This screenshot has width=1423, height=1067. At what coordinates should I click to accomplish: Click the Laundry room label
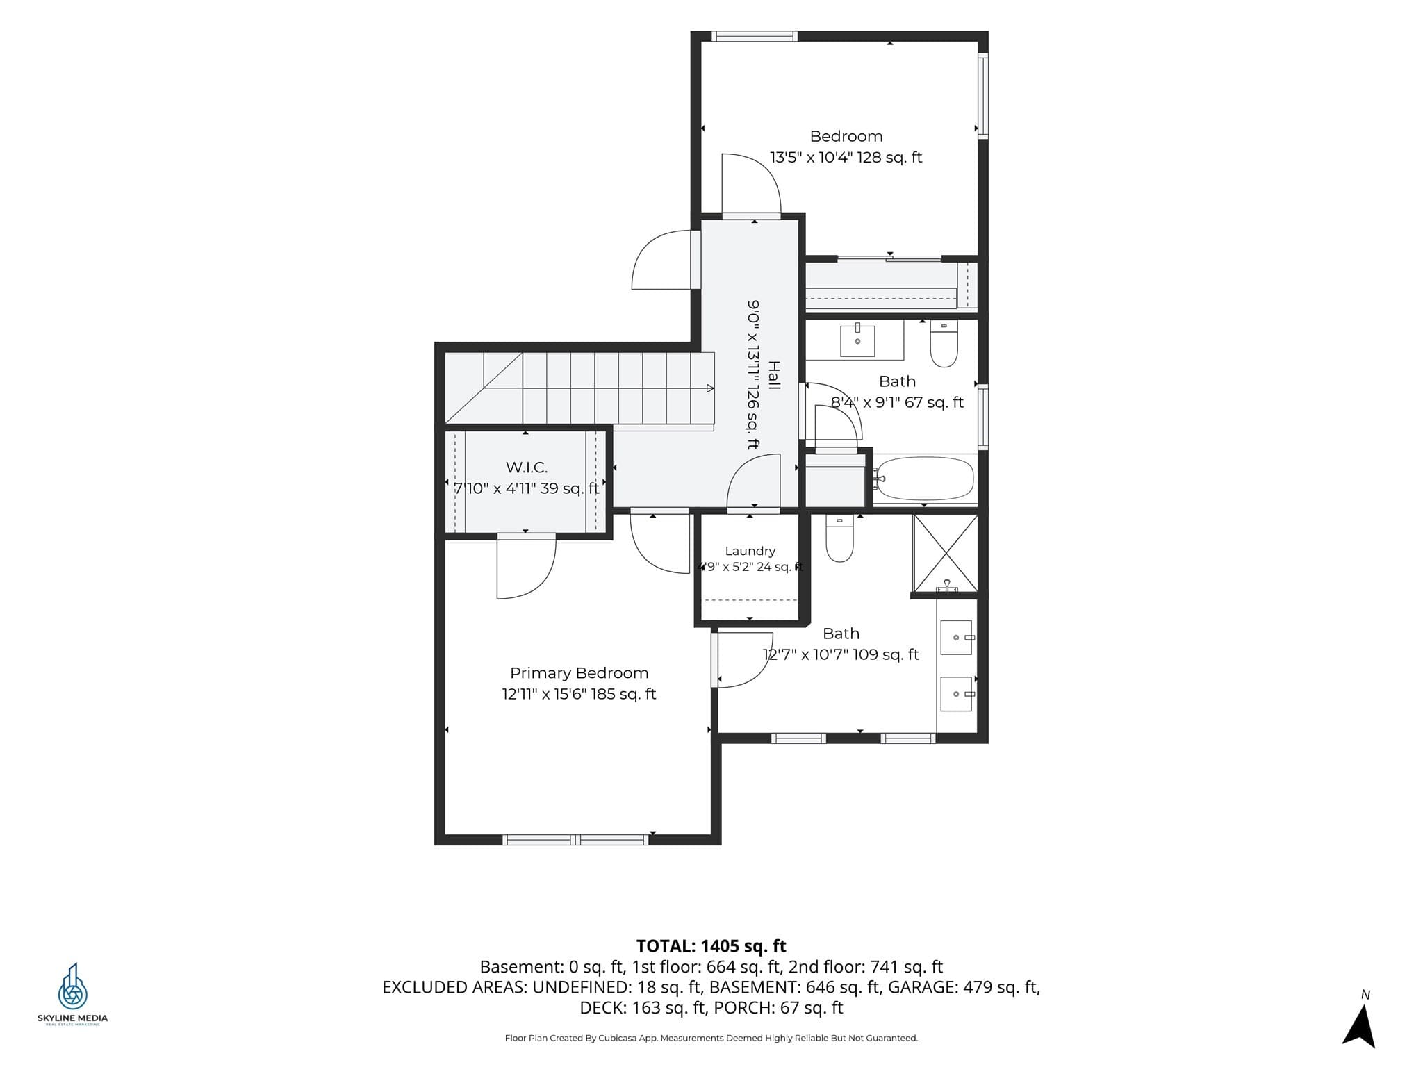[750, 551]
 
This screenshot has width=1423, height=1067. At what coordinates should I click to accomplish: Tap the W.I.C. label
[527, 468]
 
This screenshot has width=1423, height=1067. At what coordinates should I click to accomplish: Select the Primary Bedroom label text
[579, 673]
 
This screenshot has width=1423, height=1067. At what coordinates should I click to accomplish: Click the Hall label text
[773, 375]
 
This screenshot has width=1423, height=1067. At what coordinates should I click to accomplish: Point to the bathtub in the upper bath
[923, 479]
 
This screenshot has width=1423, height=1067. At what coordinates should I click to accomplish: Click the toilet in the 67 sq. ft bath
[944, 343]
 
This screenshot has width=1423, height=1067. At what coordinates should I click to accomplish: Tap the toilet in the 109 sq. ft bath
[839, 538]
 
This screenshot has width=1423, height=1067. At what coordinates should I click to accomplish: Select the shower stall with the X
[946, 553]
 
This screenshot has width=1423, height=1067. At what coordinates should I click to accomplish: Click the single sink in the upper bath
[857, 340]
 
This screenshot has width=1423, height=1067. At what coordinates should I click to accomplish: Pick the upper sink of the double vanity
[956, 638]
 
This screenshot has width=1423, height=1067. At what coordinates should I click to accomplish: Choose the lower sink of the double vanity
[956, 694]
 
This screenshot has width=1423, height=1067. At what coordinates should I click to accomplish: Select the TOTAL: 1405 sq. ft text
[711, 946]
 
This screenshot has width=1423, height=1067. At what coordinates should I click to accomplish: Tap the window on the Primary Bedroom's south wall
[575, 840]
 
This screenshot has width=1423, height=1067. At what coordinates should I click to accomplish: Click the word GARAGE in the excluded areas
[923, 987]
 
